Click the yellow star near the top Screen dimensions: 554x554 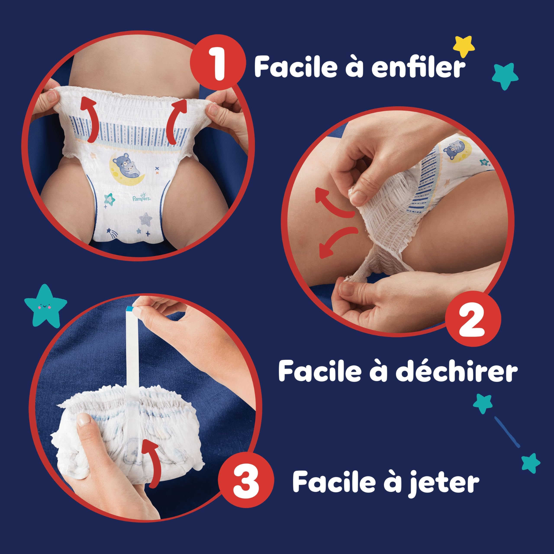[x=464, y=47]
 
